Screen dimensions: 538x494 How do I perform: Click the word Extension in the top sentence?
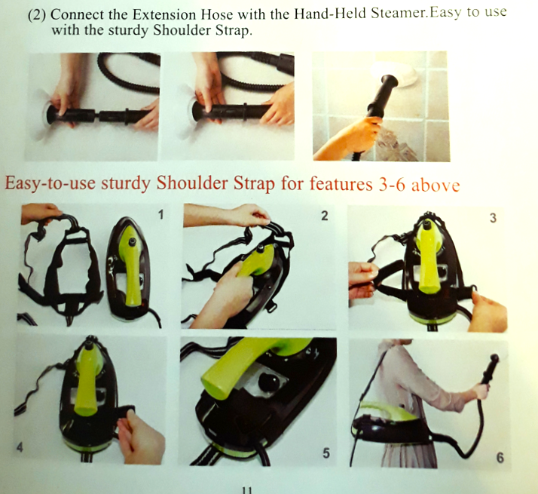[x=164, y=14]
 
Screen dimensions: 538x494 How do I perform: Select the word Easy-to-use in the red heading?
[x=50, y=183]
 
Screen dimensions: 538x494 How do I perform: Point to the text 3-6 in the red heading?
[x=392, y=185]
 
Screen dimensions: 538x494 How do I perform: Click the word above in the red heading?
[x=436, y=186]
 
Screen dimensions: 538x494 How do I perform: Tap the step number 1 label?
[x=160, y=215]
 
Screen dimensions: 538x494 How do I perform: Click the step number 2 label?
[x=324, y=216]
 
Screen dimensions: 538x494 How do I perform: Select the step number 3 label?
[x=493, y=218]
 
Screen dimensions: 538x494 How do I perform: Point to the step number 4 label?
[x=20, y=447]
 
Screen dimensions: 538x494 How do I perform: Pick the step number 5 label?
[x=326, y=453]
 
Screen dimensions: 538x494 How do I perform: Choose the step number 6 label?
[x=500, y=458]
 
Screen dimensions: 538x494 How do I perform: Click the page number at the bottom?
[x=247, y=490]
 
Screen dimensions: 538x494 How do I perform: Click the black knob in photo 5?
[x=270, y=381]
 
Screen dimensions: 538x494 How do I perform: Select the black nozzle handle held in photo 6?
[x=490, y=370]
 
